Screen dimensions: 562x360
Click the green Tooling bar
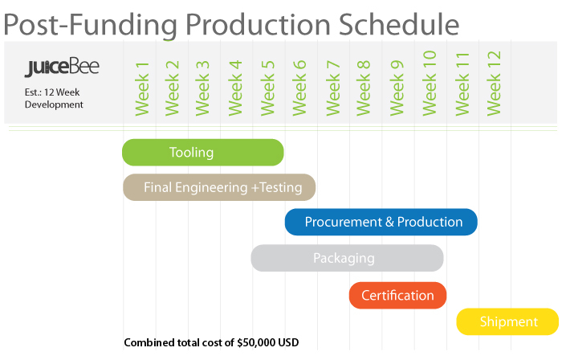click(202, 153)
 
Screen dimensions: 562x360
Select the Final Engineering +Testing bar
click(218, 187)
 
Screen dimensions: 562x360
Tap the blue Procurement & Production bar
click(381, 222)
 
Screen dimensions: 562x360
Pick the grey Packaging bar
click(347, 258)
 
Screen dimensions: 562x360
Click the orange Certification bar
click(397, 295)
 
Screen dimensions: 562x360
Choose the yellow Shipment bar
click(508, 322)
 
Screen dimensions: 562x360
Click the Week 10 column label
click(430, 82)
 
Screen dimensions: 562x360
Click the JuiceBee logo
click(62, 67)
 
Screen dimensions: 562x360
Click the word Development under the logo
click(54, 104)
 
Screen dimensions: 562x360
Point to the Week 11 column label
click(462, 82)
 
